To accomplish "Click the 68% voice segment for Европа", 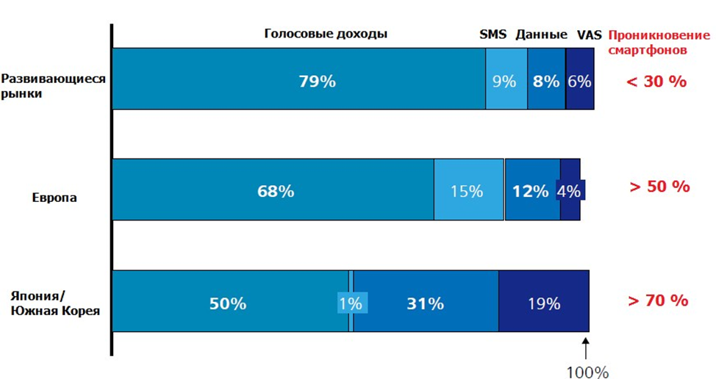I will pos(273,190).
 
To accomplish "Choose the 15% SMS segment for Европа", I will pos(468,190).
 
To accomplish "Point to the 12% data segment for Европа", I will pos(531,190).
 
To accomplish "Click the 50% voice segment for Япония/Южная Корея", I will pos(229,302).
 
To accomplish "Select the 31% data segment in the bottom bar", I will pos(426,302).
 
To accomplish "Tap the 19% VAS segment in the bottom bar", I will pos(543,302).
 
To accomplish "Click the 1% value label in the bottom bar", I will pos(350,303).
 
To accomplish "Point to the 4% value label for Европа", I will pos(570,191).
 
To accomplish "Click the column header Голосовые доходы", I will pos(326,34).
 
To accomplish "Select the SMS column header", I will pos(493,34).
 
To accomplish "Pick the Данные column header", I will pos(541,34).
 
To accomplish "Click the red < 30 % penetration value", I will pos(656,81).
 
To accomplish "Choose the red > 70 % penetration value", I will pos(658,300).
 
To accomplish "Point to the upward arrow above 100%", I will pos(587,344).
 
